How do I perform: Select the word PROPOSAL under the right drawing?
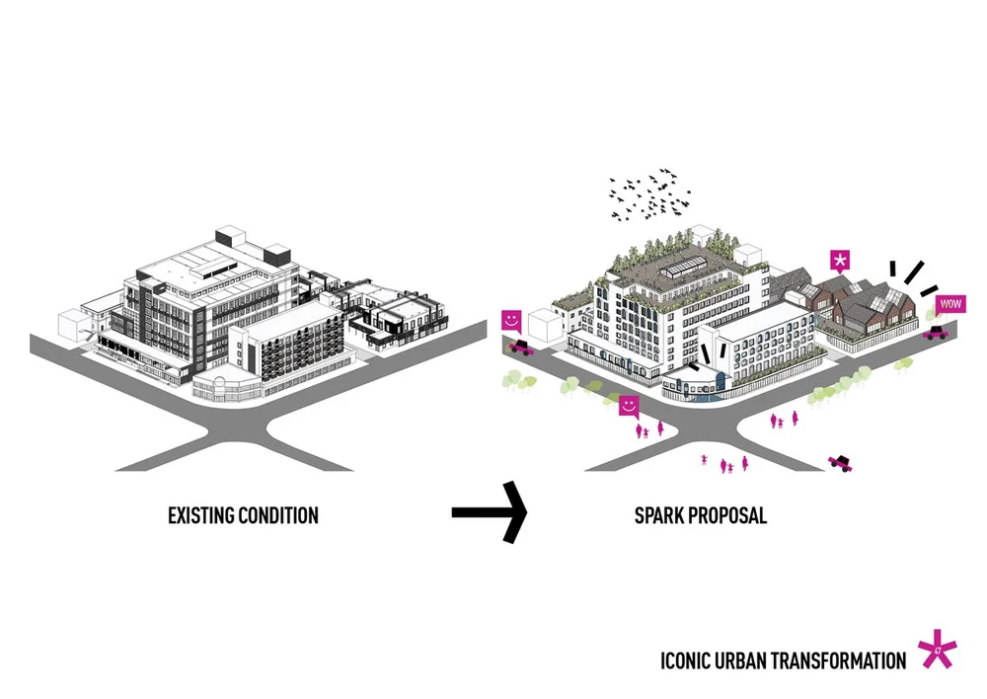(x=731, y=515)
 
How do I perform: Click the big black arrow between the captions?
(x=490, y=511)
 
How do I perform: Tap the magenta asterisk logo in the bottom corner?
(x=937, y=652)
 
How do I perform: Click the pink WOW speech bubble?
(x=950, y=304)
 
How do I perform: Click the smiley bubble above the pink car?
(x=511, y=321)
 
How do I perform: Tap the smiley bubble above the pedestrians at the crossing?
(x=628, y=405)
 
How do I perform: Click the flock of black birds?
(x=651, y=196)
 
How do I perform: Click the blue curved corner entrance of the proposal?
(x=703, y=387)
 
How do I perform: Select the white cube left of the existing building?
(x=75, y=326)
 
